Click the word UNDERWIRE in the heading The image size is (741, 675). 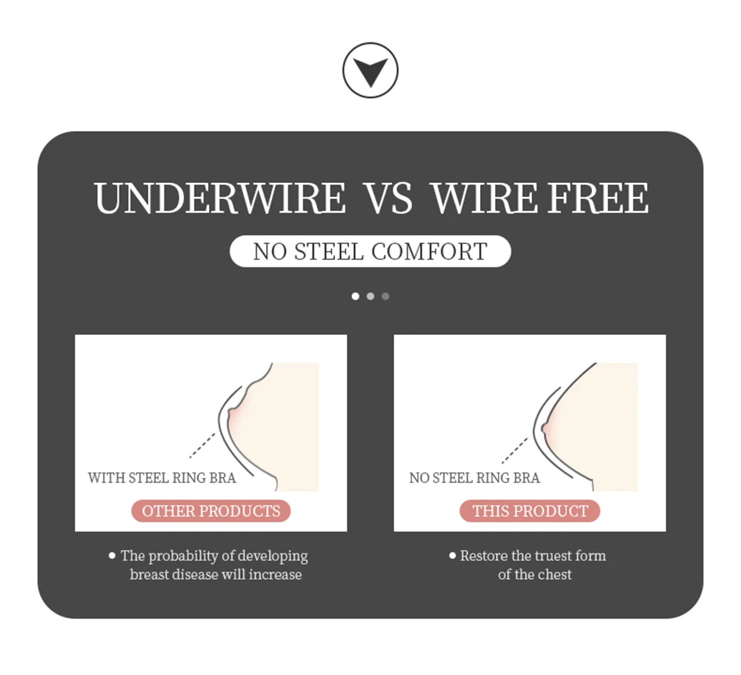[220, 199]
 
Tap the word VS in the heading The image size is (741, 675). [388, 199]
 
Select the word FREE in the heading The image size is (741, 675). [598, 199]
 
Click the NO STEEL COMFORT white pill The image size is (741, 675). [370, 251]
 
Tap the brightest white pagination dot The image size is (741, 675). [356, 296]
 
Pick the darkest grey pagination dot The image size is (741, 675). [385, 296]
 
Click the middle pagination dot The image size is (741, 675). [370, 296]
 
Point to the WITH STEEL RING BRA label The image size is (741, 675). [162, 478]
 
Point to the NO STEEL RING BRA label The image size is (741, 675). [474, 478]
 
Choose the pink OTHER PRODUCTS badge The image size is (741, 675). [211, 511]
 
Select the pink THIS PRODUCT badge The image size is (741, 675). [530, 511]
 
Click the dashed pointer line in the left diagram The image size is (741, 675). [202, 445]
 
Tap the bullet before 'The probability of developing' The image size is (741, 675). [113, 555]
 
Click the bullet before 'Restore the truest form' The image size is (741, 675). [452, 555]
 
